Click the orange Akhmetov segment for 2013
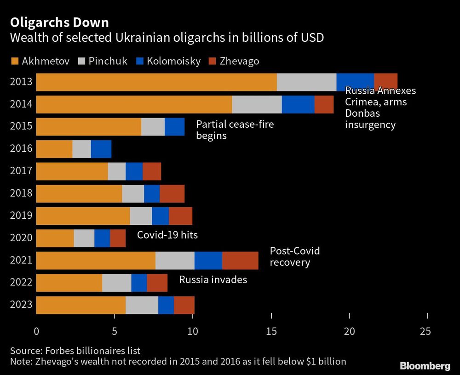(x=156, y=82)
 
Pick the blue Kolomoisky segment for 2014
(x=298, y=104)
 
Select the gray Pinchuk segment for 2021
(x=175, y=261)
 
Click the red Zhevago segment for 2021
(x=240, y=261)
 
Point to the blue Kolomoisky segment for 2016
(x=101, y=149)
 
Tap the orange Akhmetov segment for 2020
(x=55, y=238)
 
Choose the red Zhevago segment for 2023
(x=184, y=305)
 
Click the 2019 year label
(x=21, y=216)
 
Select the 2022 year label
(x=21, y=283)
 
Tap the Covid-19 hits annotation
(x=167, y=235)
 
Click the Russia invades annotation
(x=213, y=279)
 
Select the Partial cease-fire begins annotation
(x=235, y=130)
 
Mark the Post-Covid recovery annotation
(x=294, y=257)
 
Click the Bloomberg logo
(x=425, y=366)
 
